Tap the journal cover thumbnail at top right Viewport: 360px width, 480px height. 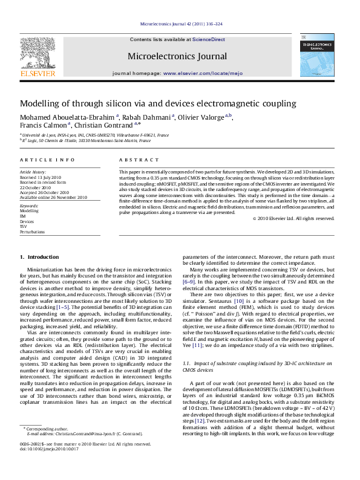316,55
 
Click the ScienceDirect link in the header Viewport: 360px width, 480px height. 208,39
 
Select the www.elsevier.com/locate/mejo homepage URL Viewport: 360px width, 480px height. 203,73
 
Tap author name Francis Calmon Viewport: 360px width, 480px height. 42,126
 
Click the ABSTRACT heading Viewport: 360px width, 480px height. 134,160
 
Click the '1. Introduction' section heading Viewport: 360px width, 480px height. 40,258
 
